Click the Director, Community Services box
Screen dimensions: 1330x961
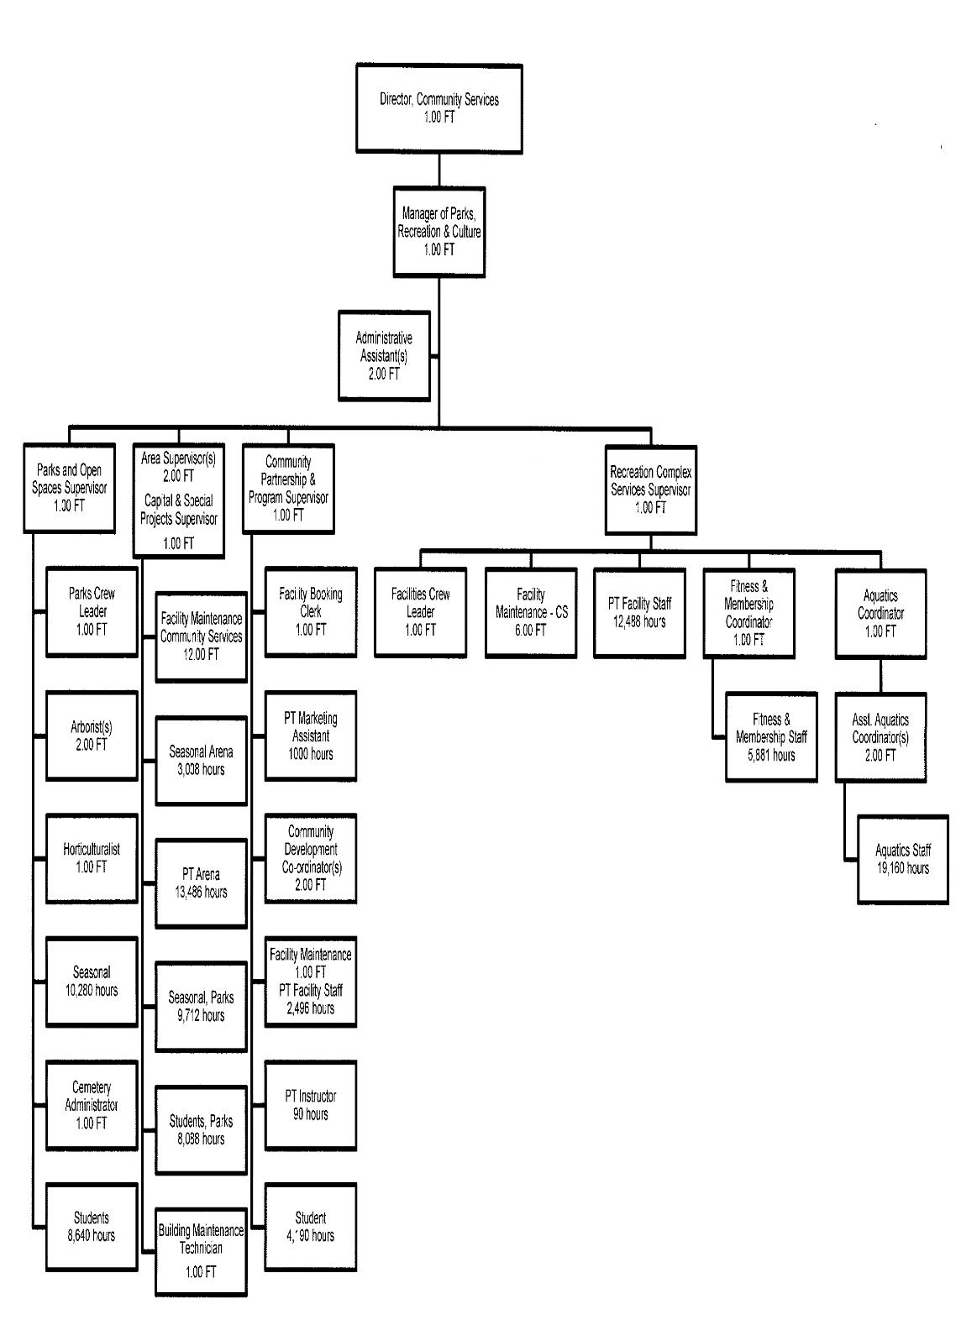click(438, 108)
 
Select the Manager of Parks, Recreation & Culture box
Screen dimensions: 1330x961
click(438, 232)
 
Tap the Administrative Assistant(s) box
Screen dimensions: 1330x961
click(384, 356)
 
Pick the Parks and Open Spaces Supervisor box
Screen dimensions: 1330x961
click(69, 488)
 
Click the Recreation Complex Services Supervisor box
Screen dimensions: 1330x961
click(650, 490)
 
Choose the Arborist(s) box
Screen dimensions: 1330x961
click(92, 736)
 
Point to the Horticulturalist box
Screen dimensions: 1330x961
click(92, 858)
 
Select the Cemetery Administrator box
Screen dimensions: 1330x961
click(92, 1105)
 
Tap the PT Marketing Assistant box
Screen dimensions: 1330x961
click(310, 736)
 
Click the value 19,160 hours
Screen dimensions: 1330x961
click(902, 868)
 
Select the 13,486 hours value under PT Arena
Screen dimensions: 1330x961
click(201, 892)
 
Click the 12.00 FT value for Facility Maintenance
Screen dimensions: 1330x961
click(201, 654)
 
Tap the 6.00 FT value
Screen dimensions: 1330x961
click(530, 631)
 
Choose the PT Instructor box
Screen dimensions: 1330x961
click(310, 1105)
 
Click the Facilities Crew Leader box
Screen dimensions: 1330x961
click(420, 612)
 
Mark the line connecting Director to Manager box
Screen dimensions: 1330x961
click(438, 169)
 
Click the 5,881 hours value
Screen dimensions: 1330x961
click(771, 755)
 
